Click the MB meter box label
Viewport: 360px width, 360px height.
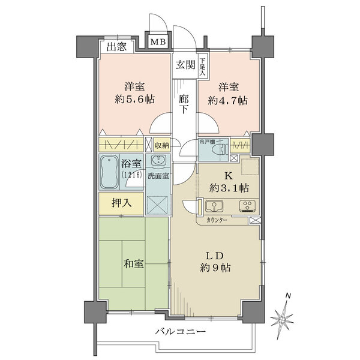(x=158, y=42)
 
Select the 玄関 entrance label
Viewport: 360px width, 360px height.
(x=185, y=65)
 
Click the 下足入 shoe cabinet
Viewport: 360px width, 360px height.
(x=203, y=64)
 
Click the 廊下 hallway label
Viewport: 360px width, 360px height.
(x=184, y=103)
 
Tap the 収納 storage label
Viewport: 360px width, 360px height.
(x=161, y=145)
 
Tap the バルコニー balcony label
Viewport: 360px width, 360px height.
(x=180, y=332)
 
